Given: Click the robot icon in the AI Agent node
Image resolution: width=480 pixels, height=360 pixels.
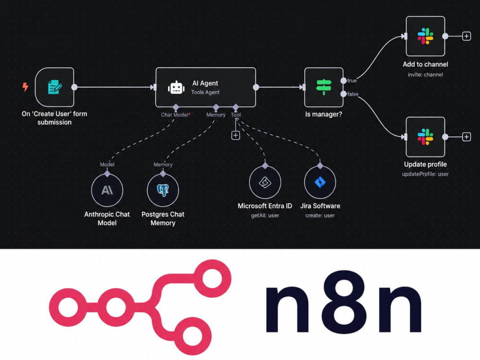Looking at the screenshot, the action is pyautogui.click(x=176, y=87).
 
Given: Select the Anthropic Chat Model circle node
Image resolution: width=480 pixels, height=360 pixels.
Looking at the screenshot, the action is pyautogui.click(x=107, y=190).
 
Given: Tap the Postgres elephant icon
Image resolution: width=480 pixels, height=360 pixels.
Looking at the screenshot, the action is pyautogui.click(x=163, y=190).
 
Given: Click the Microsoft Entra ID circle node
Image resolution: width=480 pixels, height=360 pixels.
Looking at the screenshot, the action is pyautogui.click(x=265, y=182).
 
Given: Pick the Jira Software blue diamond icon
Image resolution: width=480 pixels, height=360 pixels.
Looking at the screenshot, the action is pyautogui.click(x=320, y=182).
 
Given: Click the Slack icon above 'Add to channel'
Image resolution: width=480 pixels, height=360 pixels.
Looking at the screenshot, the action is pyautogui.click(x=425, y=36).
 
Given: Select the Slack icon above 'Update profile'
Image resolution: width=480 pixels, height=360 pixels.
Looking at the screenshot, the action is pyautogui.click(x=425, y=136).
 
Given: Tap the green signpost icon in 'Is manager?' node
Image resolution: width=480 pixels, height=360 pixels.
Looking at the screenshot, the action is pyautogui.click(x=324, y=87).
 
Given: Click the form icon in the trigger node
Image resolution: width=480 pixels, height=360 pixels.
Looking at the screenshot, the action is pyautogui.click(x=55, y=87).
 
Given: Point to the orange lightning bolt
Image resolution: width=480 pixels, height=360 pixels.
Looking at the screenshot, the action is pyautogui.click(x=25, y=87).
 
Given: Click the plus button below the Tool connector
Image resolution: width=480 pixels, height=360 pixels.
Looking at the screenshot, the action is pyautogui.click(x=235, y=135).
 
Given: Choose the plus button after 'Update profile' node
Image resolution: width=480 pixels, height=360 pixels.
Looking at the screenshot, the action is pyautogui.click(x=466, y=136).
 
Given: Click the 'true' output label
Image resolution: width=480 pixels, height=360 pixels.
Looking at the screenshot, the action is pyautogui.click(x=352, y=81).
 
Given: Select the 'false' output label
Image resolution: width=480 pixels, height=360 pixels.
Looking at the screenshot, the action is pyautogui.click(x=353, y=94).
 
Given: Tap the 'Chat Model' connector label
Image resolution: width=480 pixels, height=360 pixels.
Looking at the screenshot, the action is pyautogui.click(x=175, y=115).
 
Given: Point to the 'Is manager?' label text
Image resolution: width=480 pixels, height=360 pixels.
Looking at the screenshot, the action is pyautogui.click(x=324, y=115).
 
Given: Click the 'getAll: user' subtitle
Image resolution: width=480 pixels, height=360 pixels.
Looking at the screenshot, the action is pyautogui.click(x=265, y=216).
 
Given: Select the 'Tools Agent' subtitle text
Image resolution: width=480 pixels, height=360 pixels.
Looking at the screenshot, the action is pyautogui.click(x=205, y=92).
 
